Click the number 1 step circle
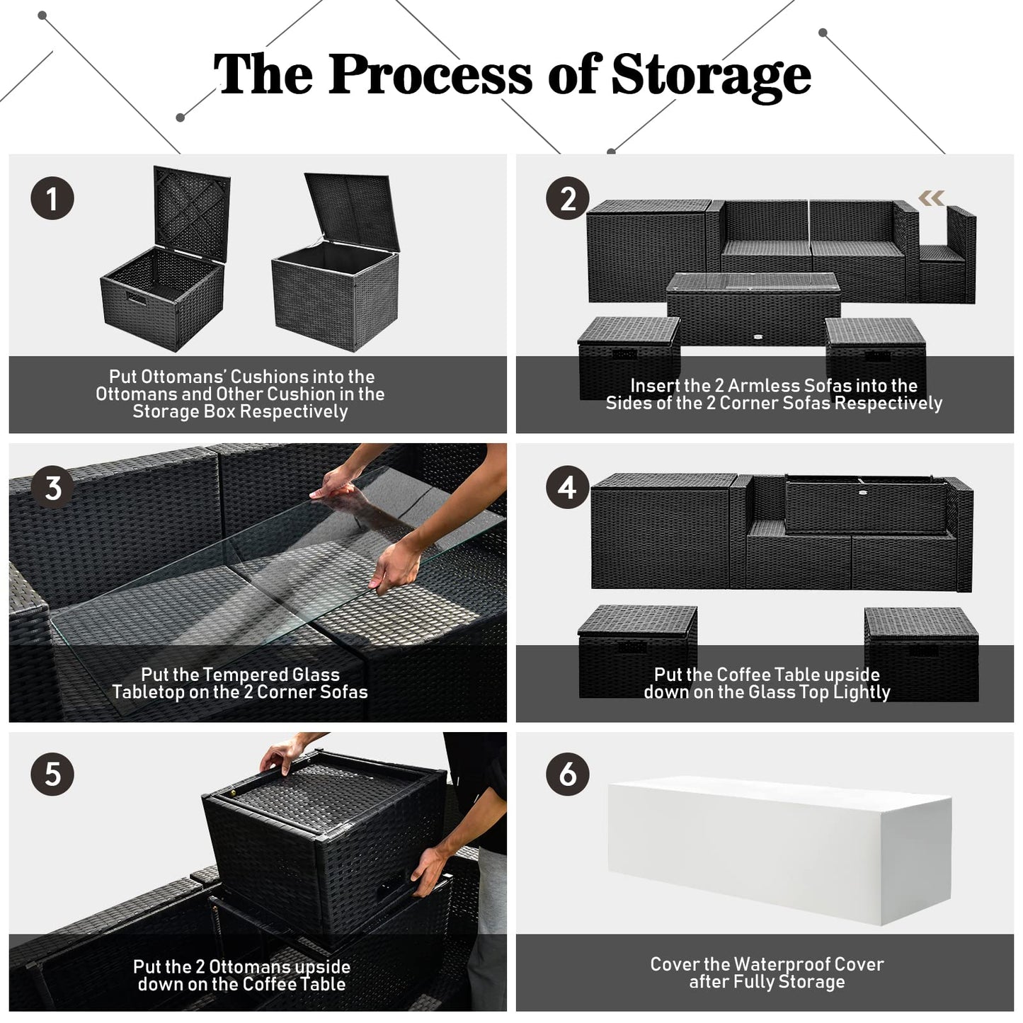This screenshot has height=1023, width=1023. click(52, 199)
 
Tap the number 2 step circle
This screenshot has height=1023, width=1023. click(568, 198)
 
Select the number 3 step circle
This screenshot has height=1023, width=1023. click(52, 487)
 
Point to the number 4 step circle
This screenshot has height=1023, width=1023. click(568, 487)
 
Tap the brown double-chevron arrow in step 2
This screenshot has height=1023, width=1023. click(931, 198)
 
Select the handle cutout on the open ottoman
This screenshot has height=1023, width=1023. click(136, 298)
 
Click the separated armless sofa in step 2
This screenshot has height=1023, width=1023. click(948, 255)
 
